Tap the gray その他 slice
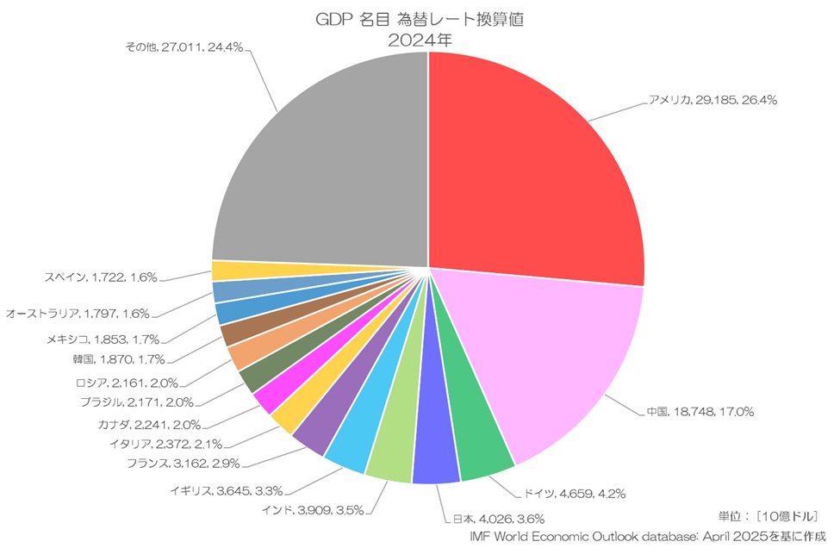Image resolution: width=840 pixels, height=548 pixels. click(x=319, y=164)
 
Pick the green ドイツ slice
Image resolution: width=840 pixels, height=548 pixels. click(x=480, y=449)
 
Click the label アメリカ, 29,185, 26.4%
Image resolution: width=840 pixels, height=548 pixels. click(x=712, y=100)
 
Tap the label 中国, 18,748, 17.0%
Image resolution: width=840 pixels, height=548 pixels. click(x=700, y=412)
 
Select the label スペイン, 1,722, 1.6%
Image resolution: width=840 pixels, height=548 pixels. click(x=101, y=277)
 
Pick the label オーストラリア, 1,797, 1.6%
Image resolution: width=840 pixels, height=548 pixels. click(x=78, y=314)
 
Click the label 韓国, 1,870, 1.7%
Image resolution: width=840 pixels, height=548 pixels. click(x=119, y=359)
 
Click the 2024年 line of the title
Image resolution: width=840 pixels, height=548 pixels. click(x=420, y=40)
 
